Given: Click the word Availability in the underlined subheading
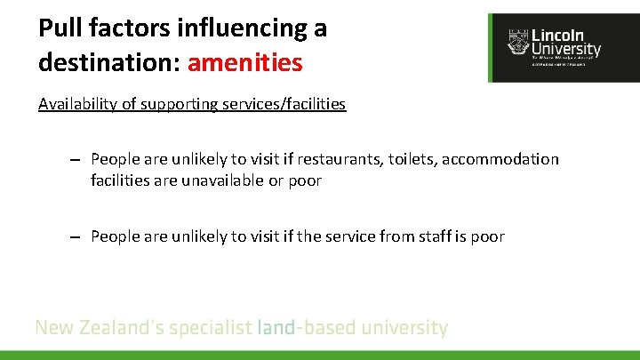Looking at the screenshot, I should [x=79, y=104].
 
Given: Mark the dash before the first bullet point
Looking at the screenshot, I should [x=77, y=160].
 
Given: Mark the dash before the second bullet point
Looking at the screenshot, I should [x=77, y=237].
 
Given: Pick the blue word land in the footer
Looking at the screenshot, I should [x=276, y=328].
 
